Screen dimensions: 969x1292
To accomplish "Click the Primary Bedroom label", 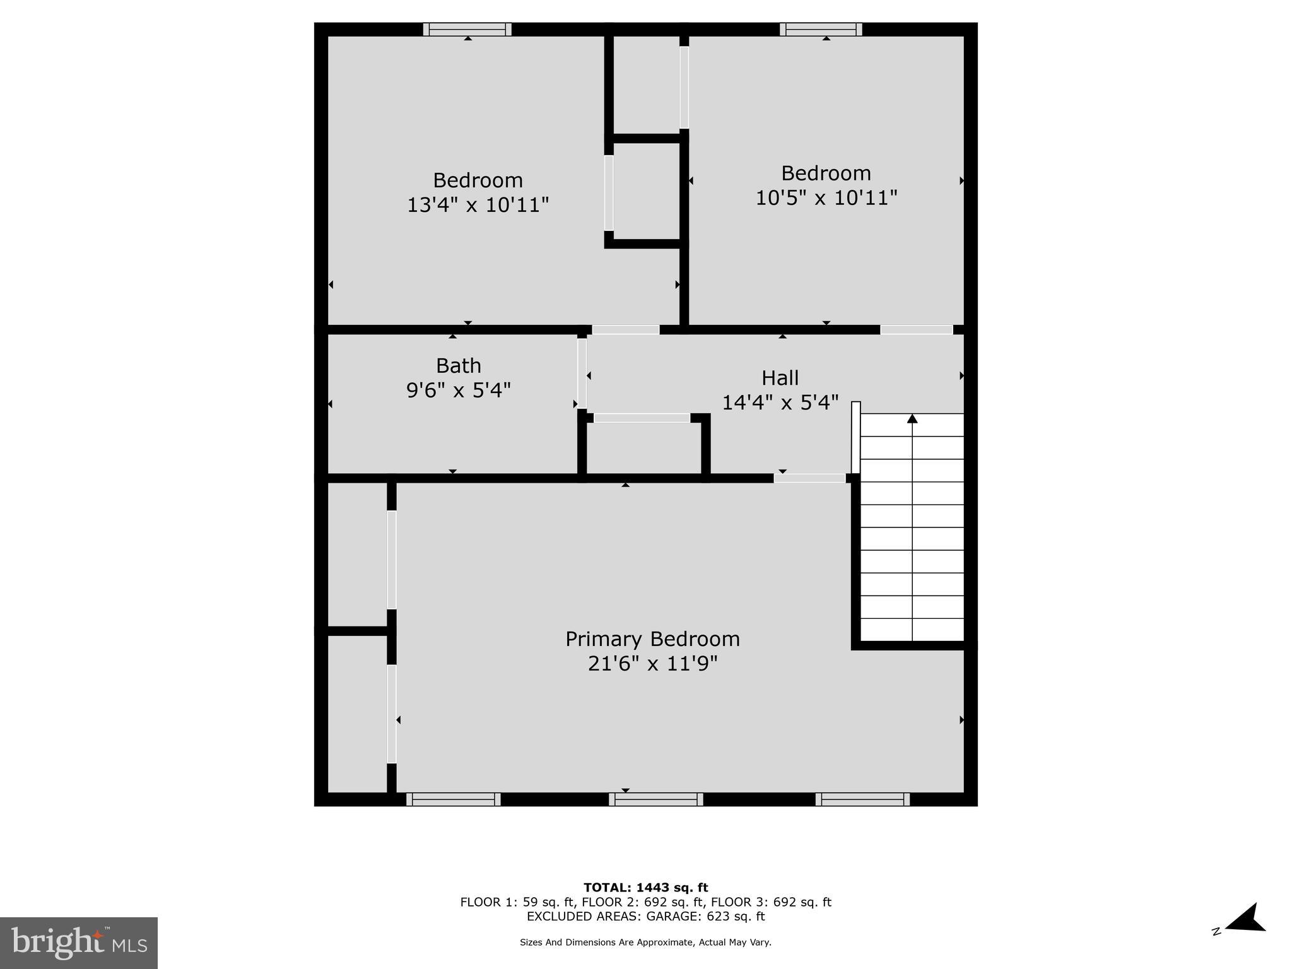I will [652, 639].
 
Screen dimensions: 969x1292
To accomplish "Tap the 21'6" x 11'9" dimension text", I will [652, 664].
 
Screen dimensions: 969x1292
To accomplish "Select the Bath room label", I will [459, 366].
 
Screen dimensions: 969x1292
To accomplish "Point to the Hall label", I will [780, 378].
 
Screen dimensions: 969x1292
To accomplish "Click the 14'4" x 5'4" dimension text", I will [780, 402].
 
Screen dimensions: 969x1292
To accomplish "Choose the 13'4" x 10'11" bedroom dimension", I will [478, 205].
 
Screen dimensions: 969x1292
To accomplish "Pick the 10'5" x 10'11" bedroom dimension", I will [826, 197].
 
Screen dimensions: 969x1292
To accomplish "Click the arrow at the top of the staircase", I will [912, 419].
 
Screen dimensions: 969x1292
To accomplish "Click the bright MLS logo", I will [78, 943].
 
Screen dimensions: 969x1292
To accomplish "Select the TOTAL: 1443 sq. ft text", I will [645, 888].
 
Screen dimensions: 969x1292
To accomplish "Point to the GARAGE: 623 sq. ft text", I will [705, 917].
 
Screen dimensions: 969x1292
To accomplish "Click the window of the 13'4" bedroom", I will [467, 29].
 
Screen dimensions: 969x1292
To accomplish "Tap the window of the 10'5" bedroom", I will [821, 29].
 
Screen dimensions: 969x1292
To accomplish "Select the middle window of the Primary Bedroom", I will [655, 799].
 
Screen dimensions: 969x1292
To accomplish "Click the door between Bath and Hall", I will [582, 373].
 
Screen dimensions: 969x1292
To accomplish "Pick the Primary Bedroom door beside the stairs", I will [809, 478].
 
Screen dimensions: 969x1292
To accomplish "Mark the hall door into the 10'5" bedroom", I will [916, 329].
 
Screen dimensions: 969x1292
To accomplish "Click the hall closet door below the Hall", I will [642, 418].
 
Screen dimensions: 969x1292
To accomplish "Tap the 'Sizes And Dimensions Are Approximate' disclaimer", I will [645, 943].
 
